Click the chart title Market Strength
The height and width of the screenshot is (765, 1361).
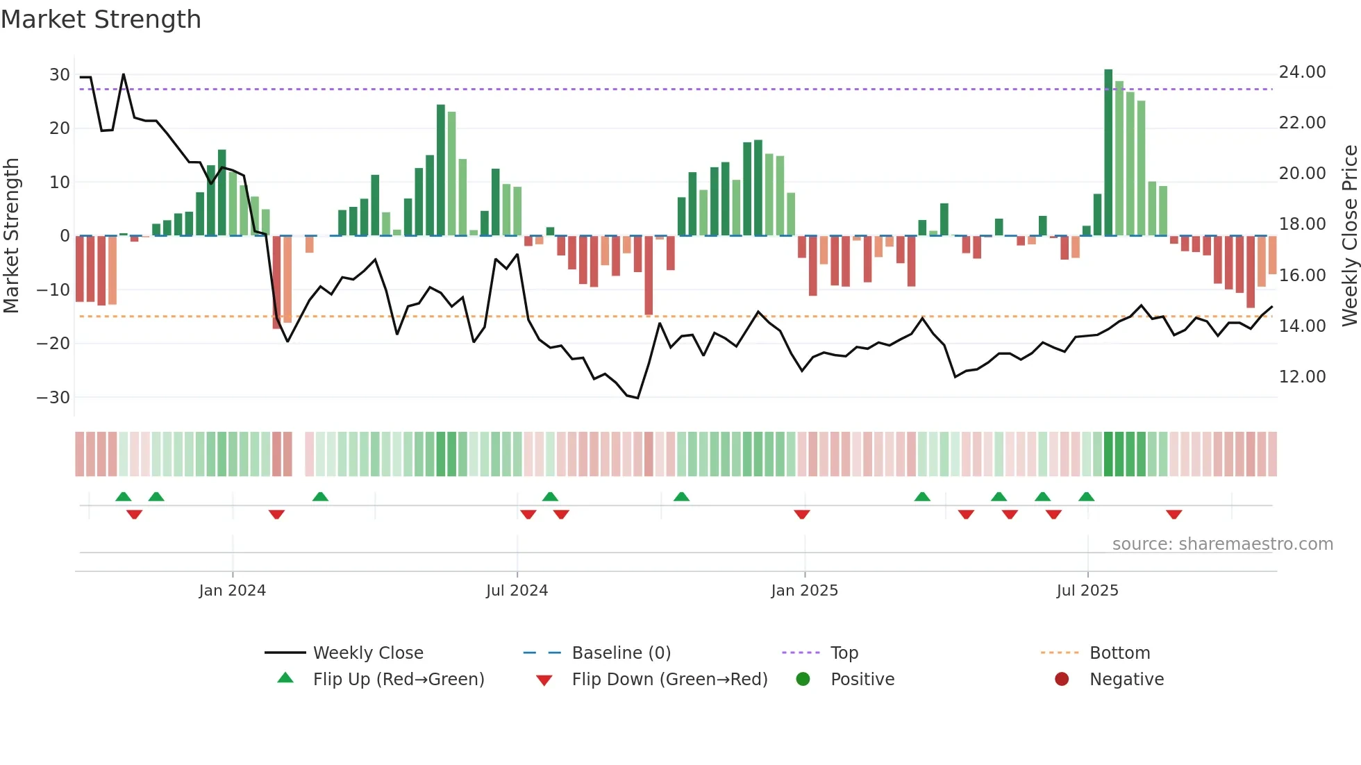(101, 19)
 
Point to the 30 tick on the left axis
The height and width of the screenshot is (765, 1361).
(60, 75)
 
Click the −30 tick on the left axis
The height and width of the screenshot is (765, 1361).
(53, 398)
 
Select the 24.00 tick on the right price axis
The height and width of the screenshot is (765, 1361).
(1302, 72)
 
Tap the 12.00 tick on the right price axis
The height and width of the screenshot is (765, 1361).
(1302, 377)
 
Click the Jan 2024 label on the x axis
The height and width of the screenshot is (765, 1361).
(232, 591)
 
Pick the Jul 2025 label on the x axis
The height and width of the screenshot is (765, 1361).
(1087, 591)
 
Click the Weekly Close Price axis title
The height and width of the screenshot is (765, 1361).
(1349, 236)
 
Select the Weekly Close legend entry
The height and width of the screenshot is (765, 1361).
(367, 653)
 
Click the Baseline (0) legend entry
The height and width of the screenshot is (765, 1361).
(621, 653)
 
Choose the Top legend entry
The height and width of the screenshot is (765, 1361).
(844, 653)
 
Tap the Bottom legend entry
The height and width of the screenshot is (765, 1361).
(1119, 653)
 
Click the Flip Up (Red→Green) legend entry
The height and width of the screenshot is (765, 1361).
(398, 680)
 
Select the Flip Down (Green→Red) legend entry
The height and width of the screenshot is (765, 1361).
(669, 680)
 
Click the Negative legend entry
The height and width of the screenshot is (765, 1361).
(1126, 680)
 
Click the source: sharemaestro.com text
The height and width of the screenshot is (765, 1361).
(1222, 544)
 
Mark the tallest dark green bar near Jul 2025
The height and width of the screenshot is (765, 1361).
(1108, 153)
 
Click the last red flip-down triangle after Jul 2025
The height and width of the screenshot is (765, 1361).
(1174, 514)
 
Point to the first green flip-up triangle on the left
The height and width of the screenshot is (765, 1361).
(124, 496)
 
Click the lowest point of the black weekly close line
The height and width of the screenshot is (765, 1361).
(637, 398)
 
